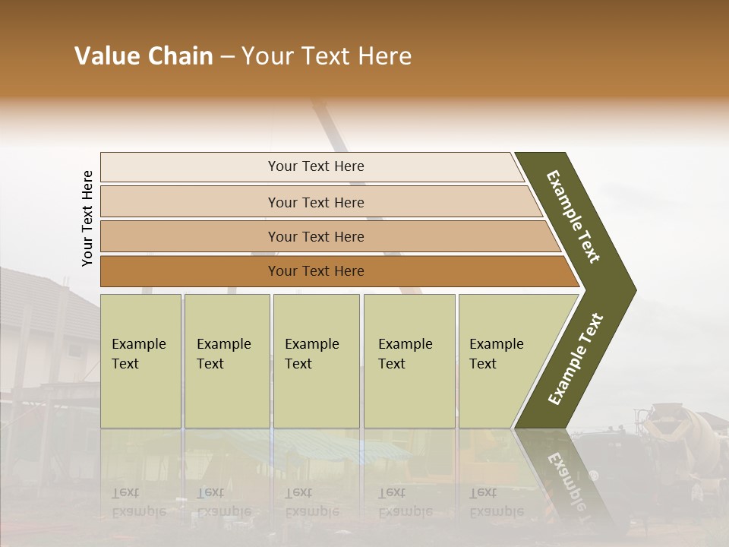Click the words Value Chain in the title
(x=144, y=56)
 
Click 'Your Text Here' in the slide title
(x=327, y=56)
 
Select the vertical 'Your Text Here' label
(x=87, y=218)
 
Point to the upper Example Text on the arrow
(x=573, y=217)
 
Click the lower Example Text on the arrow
(x=576, y=359)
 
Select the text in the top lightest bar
(x=316, y=166)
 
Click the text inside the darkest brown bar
(x=316, y=271)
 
